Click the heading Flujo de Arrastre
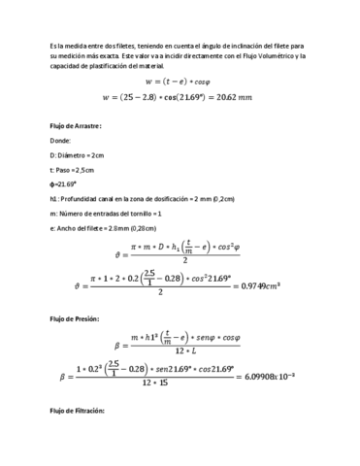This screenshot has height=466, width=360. (76, 125)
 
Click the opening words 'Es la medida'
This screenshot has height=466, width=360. (67, 45)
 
